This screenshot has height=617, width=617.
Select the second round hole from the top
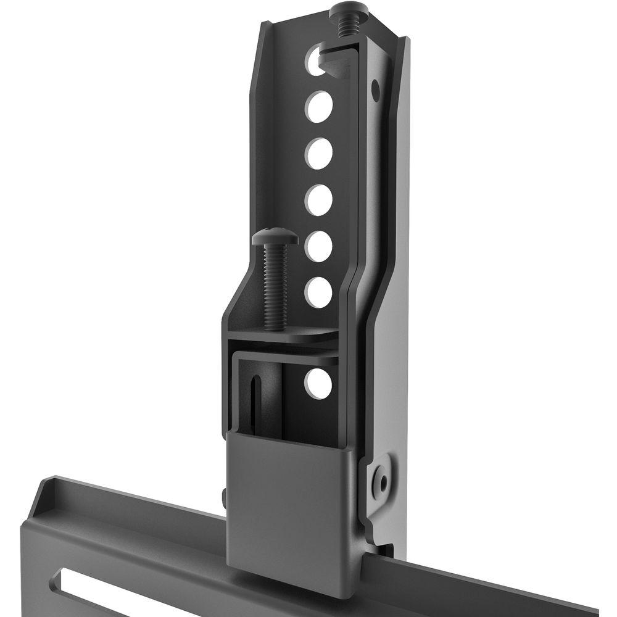(x=318, y=106)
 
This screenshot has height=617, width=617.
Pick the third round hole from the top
(x=318, y=153)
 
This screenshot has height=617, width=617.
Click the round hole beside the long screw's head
(x=318, y=246)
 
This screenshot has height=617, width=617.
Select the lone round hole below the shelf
(x=318, y=383)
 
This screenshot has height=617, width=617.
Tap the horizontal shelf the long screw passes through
(x=290, y=336)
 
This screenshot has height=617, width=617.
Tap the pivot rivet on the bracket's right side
(x=382, y=478)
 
